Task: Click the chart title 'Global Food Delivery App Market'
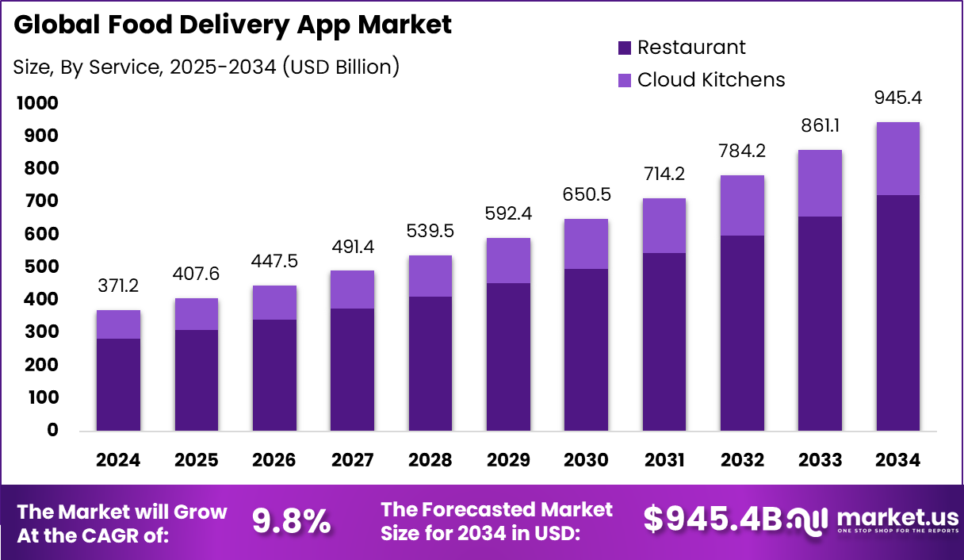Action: pyautogui.click(x=232, y=25)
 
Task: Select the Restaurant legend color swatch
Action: pyautogui.click(x=625, y=48)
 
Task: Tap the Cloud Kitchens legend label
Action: pyautogui.click(x=711, y=79)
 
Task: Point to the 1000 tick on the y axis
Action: pyautogui.click(x=35, y=103)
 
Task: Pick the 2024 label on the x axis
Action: pyautogui.click(x=118, y=460)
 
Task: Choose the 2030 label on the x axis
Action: pyautogui.click(x=586, y=460)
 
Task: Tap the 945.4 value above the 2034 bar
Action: pyautogui.click(x=898, y=98)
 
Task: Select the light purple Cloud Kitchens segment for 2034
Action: pyautogui.click(x=897, y=159)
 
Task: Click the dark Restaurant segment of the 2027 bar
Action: pyautogui.click(x=352, y=369)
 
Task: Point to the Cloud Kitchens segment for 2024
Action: pyautogui.click(x=118, y=324)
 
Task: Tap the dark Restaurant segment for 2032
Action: pyautogui.click(x=742, y=333)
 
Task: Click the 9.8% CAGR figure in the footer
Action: pyautogui.click(x=291, y=520)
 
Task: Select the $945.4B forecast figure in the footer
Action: pyautogui.click(x=712, y=519)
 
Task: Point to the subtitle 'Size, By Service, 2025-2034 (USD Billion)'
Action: pyautogui.click(x=206, y=67)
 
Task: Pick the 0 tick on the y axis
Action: pyautogui.click(x=53, y=430)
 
